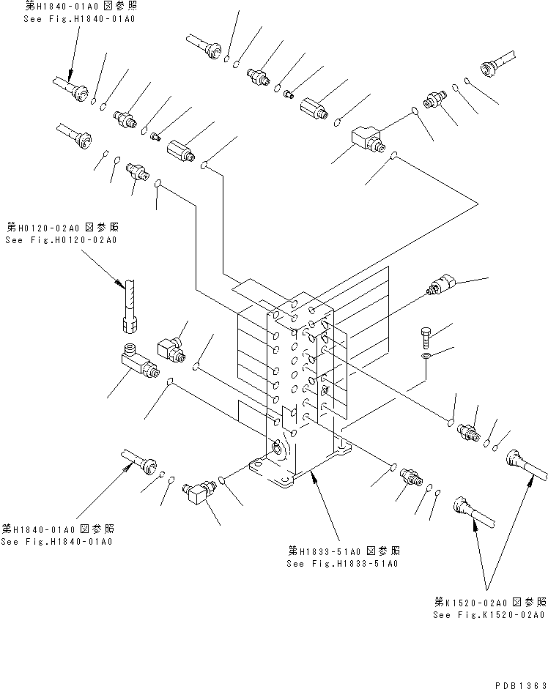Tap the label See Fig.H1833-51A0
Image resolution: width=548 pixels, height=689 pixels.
pyautogui.click(x=343, y=563)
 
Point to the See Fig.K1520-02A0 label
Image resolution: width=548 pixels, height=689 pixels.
pyautogui.click(x=489, y=615)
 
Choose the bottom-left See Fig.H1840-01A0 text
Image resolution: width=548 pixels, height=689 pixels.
pyautogui.click(x=56, y=541)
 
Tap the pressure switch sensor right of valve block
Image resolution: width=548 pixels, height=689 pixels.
pyautogui.click(x=443, y=285)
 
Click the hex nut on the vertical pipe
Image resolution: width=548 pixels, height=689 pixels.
pyautogui.click(x=127, y=320)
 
